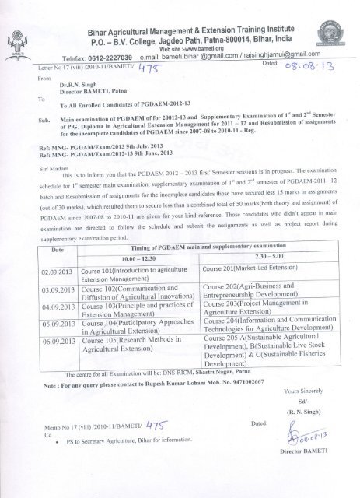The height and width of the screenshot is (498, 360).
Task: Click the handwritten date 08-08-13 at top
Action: tap(309, 68)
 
